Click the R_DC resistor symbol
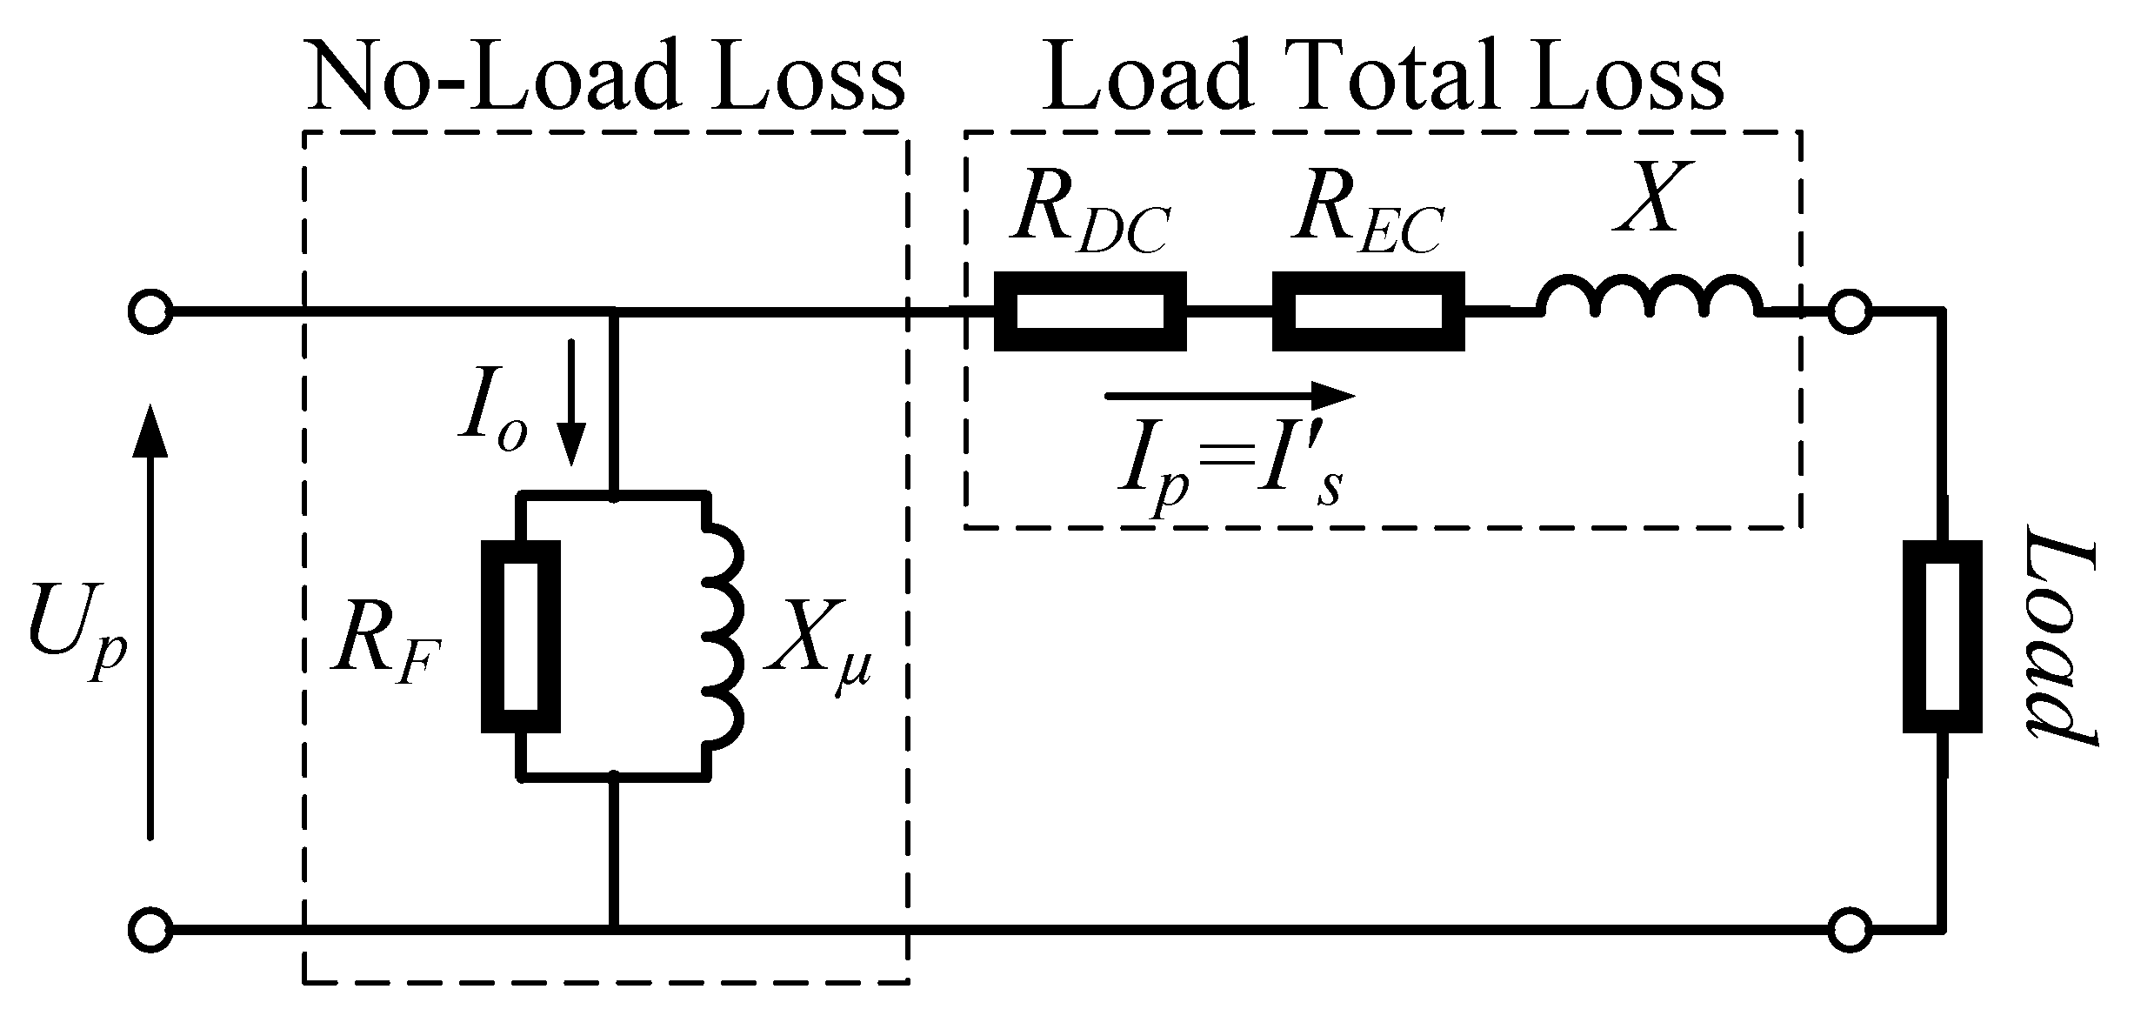pos(1090,311)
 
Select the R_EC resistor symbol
pos(1368,311)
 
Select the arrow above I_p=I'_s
pos(1230,397)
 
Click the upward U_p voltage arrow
pos(151,622)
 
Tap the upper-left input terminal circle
pos(150,311)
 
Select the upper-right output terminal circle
pos(1850,311)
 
